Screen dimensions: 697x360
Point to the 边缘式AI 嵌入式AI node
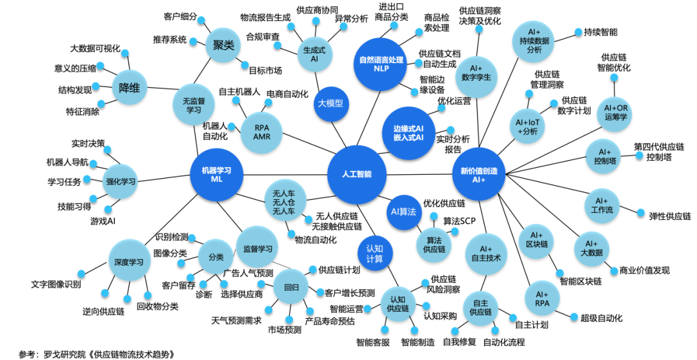point(409,132)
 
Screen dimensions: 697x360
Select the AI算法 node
point(403,212)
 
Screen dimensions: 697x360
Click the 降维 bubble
point(129,88)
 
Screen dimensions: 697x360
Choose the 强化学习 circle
point(121,181)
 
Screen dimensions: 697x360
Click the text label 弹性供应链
point(670,216)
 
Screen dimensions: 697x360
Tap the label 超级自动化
point(601,318)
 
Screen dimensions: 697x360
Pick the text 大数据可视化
point(95,48)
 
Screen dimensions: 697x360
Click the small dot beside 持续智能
point(578,32)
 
